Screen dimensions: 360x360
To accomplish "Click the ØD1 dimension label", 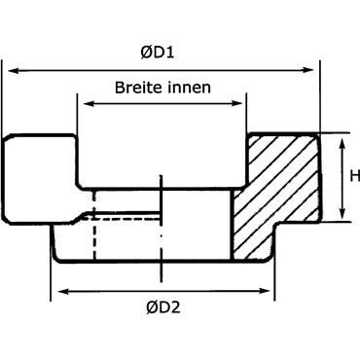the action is [x=158, y=53].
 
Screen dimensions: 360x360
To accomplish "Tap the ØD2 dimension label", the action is [x=162, y=307].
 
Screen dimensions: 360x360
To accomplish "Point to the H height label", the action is [x=355, y=176].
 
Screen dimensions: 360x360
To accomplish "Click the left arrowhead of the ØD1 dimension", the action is [x=13, y=70].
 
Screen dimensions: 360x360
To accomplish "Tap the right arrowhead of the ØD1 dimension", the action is [x=308, y=70].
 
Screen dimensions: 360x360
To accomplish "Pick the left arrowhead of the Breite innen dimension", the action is [x=89, y=104].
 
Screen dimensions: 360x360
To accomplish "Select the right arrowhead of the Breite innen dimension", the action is [x=236, y=104].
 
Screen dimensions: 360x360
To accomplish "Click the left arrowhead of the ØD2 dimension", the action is [x=63, y=291].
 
